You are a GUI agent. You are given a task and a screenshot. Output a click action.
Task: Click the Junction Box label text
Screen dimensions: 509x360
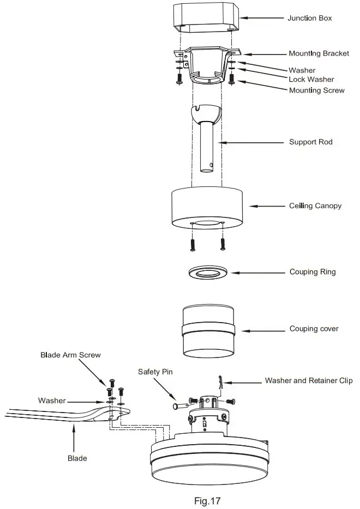(310, 18)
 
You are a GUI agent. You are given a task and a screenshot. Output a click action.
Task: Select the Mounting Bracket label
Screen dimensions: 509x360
(319, 54)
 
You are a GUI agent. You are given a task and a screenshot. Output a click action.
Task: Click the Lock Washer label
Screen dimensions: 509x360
(311, 80)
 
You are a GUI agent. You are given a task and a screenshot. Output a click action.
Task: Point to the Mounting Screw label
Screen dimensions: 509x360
(316, 90)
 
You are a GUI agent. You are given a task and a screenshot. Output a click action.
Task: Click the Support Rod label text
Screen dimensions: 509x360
(310, 142)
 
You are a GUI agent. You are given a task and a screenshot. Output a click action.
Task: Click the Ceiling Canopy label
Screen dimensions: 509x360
(315, 206)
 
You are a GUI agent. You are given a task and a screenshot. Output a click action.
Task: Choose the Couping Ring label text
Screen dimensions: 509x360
(312, 272)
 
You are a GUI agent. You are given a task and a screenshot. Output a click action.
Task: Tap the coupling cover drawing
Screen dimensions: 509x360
(207, 331)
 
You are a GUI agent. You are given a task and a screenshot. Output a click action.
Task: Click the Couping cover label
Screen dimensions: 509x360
(314, 329)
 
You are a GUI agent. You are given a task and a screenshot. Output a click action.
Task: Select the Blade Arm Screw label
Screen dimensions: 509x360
(70, 355)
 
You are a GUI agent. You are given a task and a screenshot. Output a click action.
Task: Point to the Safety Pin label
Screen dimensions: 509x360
(156, 372)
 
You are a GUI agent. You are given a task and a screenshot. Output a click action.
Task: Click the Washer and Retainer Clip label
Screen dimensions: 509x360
(309, 380)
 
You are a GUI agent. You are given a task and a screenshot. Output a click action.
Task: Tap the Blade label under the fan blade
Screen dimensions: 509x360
(77, 458)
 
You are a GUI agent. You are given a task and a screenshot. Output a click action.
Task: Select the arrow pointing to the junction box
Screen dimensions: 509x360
(262, 18)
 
